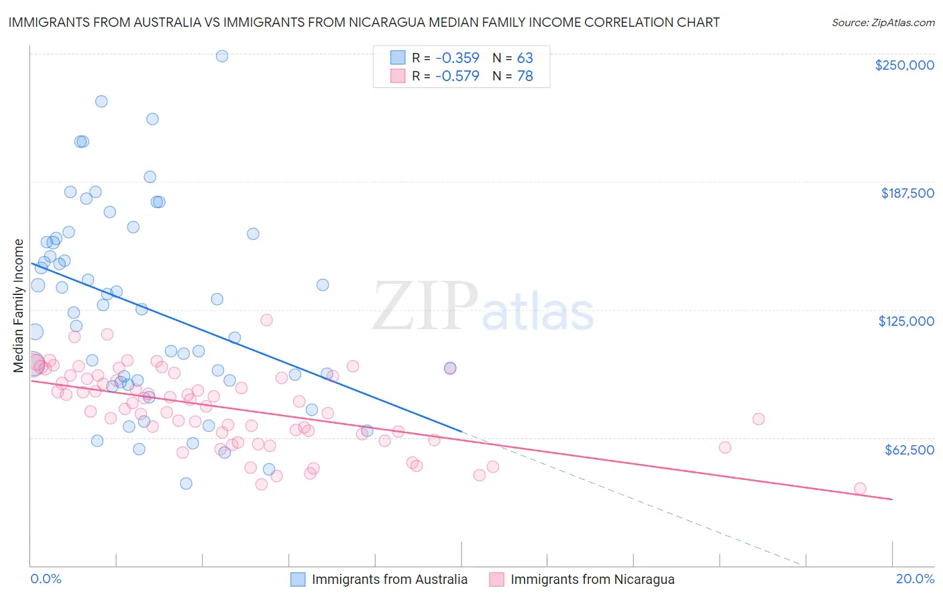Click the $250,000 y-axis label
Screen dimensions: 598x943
click(x=904, y=65)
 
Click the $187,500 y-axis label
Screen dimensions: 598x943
click(x=907, y=193)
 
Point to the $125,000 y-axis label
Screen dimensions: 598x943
click(x=906, y=321)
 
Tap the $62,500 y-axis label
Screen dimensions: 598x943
click(x=909, y=450)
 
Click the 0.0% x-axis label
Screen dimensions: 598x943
click(x=46, y=579)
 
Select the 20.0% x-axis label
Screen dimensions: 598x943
click(x=915, y=579)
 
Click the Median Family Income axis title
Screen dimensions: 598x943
click(x=19, y=305)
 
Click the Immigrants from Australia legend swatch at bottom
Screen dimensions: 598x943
click(x=298, y=579)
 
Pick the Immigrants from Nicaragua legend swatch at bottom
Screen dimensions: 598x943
click(x=496, y=579)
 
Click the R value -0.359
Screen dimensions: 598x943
click(x=457, y=58)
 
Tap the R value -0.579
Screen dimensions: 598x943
click(x=457, y=76)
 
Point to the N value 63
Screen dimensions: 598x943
click(x=524, y=58)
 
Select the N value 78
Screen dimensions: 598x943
click(x=524, y=76)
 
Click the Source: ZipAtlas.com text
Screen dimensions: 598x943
click(x=883, y=23)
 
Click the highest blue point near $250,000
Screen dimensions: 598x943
click(x=222, y=56)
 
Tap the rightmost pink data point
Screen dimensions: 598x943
click(x=860, y=489)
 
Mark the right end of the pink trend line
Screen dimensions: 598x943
click(x=892, y=499)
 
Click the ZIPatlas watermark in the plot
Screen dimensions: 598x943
click(x=483, y=307)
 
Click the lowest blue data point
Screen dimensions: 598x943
click(x=186, y=483)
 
